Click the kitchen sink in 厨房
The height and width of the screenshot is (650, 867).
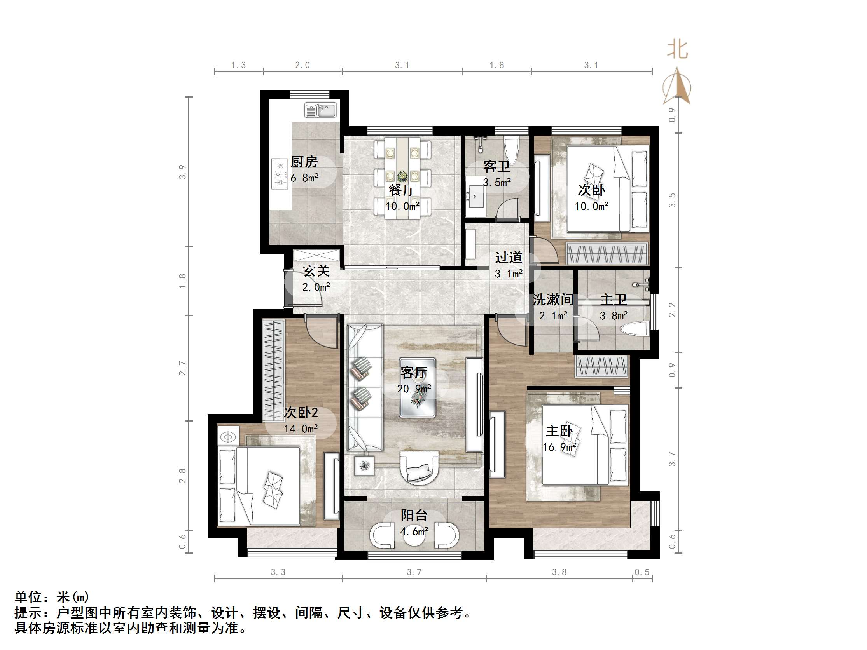[321, 110]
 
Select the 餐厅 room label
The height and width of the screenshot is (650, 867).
[402, 190]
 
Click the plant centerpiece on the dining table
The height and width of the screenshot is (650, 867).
[402, 176]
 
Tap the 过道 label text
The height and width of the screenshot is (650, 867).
[509, 258]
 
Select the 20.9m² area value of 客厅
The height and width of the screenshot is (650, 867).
[414, 389]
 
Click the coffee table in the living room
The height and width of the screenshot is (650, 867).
[417, 387]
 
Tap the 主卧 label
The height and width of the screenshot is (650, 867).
[559, 431]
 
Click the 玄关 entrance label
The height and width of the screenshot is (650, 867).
[316, 271]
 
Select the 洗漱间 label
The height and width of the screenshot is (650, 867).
[552, 300]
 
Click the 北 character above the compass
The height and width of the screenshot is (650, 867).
[677, 50]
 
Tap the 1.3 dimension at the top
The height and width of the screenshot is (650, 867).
[238, 65]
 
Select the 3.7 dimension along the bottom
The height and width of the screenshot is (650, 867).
[414, 572]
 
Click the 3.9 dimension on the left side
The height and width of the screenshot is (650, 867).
[182, 172]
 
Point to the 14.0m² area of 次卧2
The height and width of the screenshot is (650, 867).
[301, 429]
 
